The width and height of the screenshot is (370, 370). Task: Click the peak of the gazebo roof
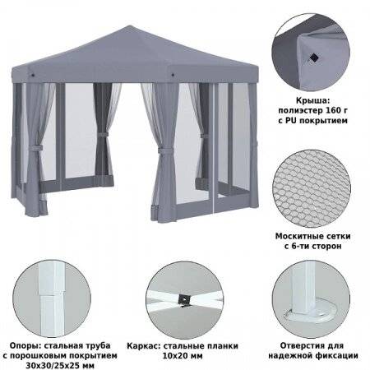[x=129, y=27]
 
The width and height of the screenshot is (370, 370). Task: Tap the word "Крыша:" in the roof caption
[x=312, y=100]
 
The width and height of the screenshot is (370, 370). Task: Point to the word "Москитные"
[x=297, y=236]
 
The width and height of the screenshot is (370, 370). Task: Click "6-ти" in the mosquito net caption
[x=303, y=246]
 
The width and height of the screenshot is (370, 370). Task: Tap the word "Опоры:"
[x=25, y=345]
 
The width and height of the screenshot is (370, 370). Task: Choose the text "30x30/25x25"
[x=53, y=365]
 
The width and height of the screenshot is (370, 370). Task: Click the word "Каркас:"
[x=144, y=345]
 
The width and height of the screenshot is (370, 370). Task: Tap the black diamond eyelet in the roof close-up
[x=313, y=58]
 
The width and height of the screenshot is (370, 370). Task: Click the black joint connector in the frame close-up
[x=184, y=299]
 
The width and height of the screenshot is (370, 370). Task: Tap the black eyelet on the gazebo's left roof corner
[x=33, y=75]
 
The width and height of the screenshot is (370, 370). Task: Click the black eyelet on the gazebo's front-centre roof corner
[x=173, y=75]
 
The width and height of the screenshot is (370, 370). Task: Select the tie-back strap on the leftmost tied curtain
[x=35, y=149]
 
